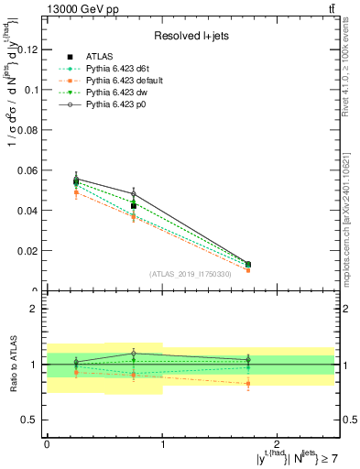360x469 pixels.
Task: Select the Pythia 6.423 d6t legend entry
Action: click(x=116, y=68)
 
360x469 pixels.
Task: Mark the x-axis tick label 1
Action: click(x=163, y=442)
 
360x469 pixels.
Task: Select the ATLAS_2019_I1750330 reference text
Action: click(x=190, y=274)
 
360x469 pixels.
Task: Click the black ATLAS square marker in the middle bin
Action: click(x=134, y=206)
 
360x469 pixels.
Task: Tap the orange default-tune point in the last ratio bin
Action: click(x=247, y=384)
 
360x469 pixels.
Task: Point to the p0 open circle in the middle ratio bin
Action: click(x=134, y=353)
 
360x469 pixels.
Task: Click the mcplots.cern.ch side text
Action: click(x=352, y=220)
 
